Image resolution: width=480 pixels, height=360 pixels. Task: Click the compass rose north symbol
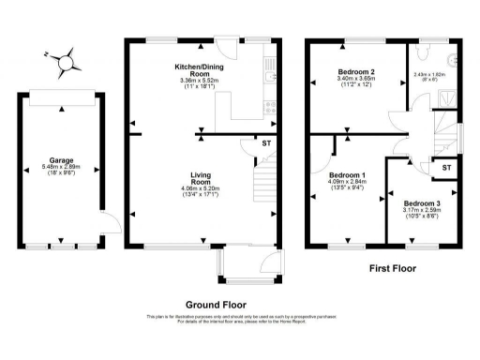click(65, 63)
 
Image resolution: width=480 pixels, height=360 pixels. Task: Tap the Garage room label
click(61, 160)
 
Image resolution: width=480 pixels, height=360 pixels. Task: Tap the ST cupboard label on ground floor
click(243, 143)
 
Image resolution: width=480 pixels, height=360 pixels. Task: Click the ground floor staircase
click(265, 183)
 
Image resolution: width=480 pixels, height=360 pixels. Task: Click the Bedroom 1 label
click(346, 175)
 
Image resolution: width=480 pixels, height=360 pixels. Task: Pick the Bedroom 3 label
click(421, 203)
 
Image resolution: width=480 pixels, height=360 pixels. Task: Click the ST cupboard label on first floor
click(445, 167)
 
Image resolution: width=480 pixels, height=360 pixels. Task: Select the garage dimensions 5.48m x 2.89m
click(61, 168)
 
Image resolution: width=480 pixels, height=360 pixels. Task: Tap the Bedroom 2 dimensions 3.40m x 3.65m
click(355, 81)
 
